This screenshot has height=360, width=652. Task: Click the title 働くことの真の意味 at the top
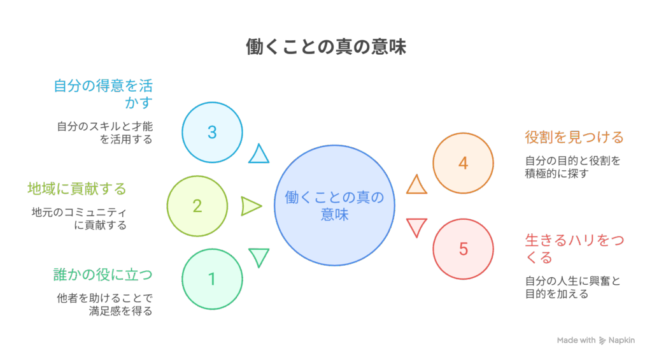click(x=326, y=47)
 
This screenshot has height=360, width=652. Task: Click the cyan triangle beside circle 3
click(x=259, y=154)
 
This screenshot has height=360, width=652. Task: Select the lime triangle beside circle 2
click(x=251, y=206)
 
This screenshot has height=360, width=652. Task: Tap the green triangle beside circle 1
click(x=259, y=257)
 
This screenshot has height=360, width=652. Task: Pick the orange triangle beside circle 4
click(x=416, y=185)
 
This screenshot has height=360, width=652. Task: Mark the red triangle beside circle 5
click(x=416, y=227)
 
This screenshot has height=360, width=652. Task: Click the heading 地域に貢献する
click(x=77, y=189)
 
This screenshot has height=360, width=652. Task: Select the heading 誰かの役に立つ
click(x=103, y=275)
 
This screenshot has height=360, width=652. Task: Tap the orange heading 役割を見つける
click(x=574, y=137)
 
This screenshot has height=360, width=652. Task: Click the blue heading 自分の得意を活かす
click(x=103, y=94)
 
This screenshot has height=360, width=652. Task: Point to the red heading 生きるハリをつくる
click(x=574, y=248)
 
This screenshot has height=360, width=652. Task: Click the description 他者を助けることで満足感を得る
click(x=105, y=304)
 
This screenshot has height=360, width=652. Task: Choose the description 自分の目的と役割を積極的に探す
click(x=572, y=167)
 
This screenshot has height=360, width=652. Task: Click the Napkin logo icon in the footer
click(x=602, y=340)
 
